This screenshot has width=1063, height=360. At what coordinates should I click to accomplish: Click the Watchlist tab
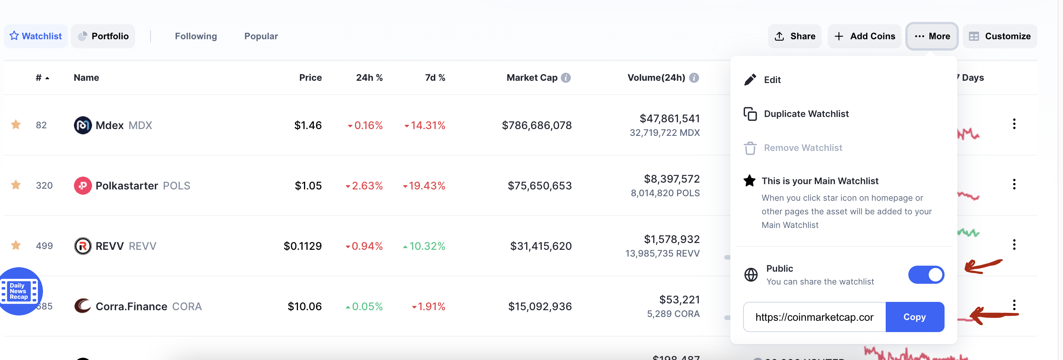point(36,36)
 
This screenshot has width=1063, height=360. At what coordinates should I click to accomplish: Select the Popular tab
point(261,36)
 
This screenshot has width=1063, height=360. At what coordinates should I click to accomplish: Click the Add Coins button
point(864,36)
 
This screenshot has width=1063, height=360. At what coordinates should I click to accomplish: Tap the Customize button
point(1000,36)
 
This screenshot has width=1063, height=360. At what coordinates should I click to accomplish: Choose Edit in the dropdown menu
point(772,80)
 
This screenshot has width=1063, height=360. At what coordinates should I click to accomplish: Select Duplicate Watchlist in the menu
point(806,114)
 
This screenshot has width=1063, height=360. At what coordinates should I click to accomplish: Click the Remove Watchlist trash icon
point(750,148)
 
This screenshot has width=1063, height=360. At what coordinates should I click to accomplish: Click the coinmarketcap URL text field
point(814,317)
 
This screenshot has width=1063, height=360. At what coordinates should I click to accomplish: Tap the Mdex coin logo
point(83,125)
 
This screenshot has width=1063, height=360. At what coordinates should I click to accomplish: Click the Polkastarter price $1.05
point(308,186)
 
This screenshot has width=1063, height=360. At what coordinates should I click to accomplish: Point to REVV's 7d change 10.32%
point(427,246)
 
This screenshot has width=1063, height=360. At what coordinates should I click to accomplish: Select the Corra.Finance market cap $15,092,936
point(540,306)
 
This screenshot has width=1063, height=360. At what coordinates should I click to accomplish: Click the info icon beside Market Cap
point(566,78)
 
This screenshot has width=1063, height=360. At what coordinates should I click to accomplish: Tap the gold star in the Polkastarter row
point(16,185)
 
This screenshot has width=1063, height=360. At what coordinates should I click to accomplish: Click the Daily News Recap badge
point(19,291)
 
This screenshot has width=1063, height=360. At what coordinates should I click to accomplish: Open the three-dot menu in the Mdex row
point(1014,124)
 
